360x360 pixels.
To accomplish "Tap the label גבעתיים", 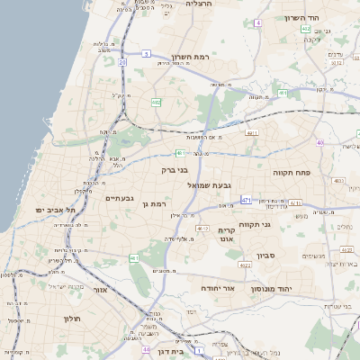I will [120, 198].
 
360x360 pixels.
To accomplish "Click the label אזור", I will [99, 290].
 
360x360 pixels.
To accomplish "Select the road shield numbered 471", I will [247, 199].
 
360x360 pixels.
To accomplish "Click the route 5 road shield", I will [145, 54].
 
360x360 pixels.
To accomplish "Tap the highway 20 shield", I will [121, 62].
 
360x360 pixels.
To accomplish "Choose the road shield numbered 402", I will [306, 30].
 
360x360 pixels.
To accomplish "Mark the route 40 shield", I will [319, 142].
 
